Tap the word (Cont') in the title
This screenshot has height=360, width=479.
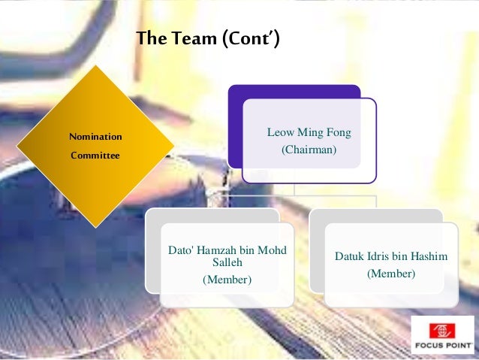(x=250, y=38)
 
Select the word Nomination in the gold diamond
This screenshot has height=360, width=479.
(x=95, y=137)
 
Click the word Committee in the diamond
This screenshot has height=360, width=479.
(x=95, y=156)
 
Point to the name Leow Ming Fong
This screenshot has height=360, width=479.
(x=309, y=133)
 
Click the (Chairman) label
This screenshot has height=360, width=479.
(x=309, y=150)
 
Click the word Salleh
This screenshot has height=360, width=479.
(x=227, y=262)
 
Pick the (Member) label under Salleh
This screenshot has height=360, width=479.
(x=227, y=280)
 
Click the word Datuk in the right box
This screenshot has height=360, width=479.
(x=351, y=257)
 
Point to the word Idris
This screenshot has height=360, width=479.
(x=384, y=257)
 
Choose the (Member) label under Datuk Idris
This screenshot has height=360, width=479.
(x=390, y=274)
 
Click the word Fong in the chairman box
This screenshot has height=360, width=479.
(x=338, y=133)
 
